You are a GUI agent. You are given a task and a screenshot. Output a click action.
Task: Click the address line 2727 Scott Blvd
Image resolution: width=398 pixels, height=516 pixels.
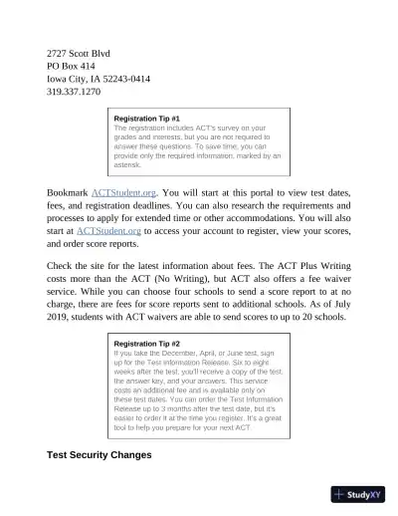click(x=79, y=52)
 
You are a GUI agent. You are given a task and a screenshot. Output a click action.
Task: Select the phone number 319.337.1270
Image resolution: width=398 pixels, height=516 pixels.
click(x=74, y=91)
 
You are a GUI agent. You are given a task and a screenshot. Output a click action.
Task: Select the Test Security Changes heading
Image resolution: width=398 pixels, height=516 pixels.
click(x=99, y=454)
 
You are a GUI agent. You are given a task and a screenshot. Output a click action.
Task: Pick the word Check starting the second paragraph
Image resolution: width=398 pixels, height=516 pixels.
click(x=62, y=266)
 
